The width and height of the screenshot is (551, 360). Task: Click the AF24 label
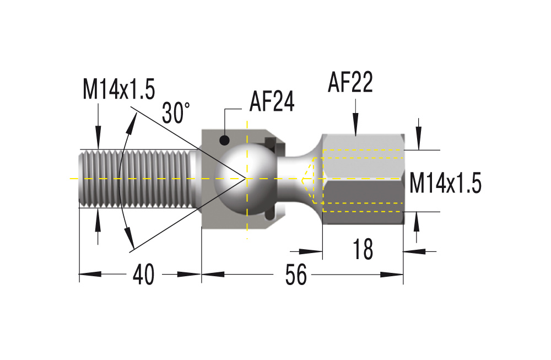[272, 101]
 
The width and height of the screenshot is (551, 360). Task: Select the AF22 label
[350, 82]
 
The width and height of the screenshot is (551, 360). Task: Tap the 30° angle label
[176, 112]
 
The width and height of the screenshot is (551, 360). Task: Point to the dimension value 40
[143, 275]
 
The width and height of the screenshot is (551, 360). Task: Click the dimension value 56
[296, 275]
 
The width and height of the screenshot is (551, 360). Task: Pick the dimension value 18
[363, 249]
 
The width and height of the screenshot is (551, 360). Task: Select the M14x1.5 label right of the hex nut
[445, 183]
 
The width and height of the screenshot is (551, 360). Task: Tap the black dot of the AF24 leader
[225, 141]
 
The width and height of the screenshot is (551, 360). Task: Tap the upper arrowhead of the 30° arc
[132, 123]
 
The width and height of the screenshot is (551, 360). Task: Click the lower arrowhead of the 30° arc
[129, 238]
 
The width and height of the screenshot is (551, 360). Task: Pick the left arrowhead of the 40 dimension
[90, 274]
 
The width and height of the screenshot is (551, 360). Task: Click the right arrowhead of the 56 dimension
[392, 275]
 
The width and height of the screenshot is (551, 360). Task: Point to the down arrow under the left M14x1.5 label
[98, 138]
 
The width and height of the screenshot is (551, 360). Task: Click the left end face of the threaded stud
[81, 179]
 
